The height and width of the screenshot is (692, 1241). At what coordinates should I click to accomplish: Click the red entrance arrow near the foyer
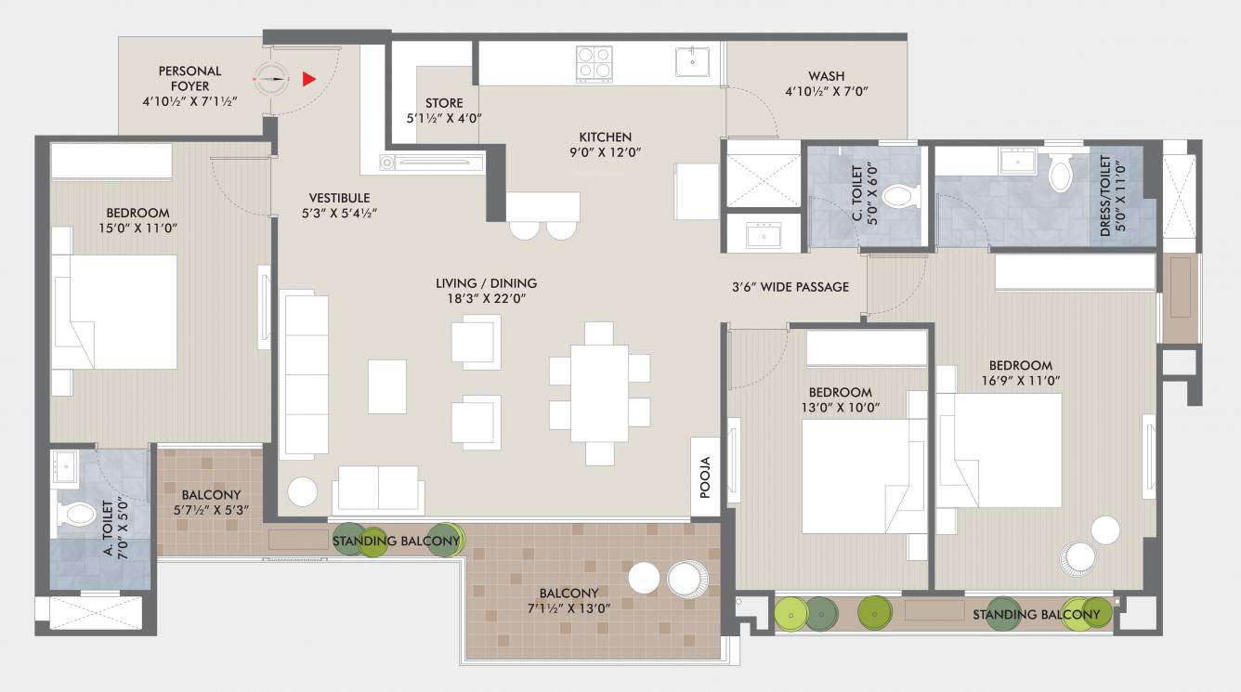pyautogui.click(x=309, y=80)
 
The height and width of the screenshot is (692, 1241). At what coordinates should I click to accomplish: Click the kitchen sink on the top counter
pyautogui.click(x=692, y=62)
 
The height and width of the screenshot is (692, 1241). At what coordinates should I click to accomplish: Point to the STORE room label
pyautogui.click(x=444, y=103)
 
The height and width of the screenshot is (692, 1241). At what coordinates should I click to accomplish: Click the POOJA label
pyautogui.click(x=705, y=477)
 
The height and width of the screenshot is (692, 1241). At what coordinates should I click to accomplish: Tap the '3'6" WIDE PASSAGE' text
pyautogui.click(x=790, y=287)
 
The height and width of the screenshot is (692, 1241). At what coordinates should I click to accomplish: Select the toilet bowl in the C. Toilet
pyautogui.click(x=898, y=196)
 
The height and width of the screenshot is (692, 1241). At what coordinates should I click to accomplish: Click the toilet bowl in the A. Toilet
pyautogui.click(x=79, y=514)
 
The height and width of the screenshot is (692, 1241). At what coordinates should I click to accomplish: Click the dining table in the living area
pyautogui.click(x=599, y=393)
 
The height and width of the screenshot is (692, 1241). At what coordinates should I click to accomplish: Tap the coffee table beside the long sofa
pyautogui.click(x=386, y=385)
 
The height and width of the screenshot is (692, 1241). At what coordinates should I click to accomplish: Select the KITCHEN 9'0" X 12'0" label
pyautogui.click(x=606, y=144)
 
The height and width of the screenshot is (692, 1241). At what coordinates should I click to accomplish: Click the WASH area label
pyautogui.click(x=826, y=76)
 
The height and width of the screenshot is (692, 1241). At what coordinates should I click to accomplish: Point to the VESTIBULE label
pyautogui.click(x=339, y=198)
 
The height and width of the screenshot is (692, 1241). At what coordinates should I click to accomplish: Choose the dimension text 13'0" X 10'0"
pyautogui.click(x=840, y=407)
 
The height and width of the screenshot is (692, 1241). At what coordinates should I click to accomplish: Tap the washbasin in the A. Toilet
pyautogui.click(x=64, y=466)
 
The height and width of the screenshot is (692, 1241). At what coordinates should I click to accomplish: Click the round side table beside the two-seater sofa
pyautogui.click(x=302, y=490)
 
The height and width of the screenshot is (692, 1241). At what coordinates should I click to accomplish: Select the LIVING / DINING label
pyautogui.click(x=486, y=283)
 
